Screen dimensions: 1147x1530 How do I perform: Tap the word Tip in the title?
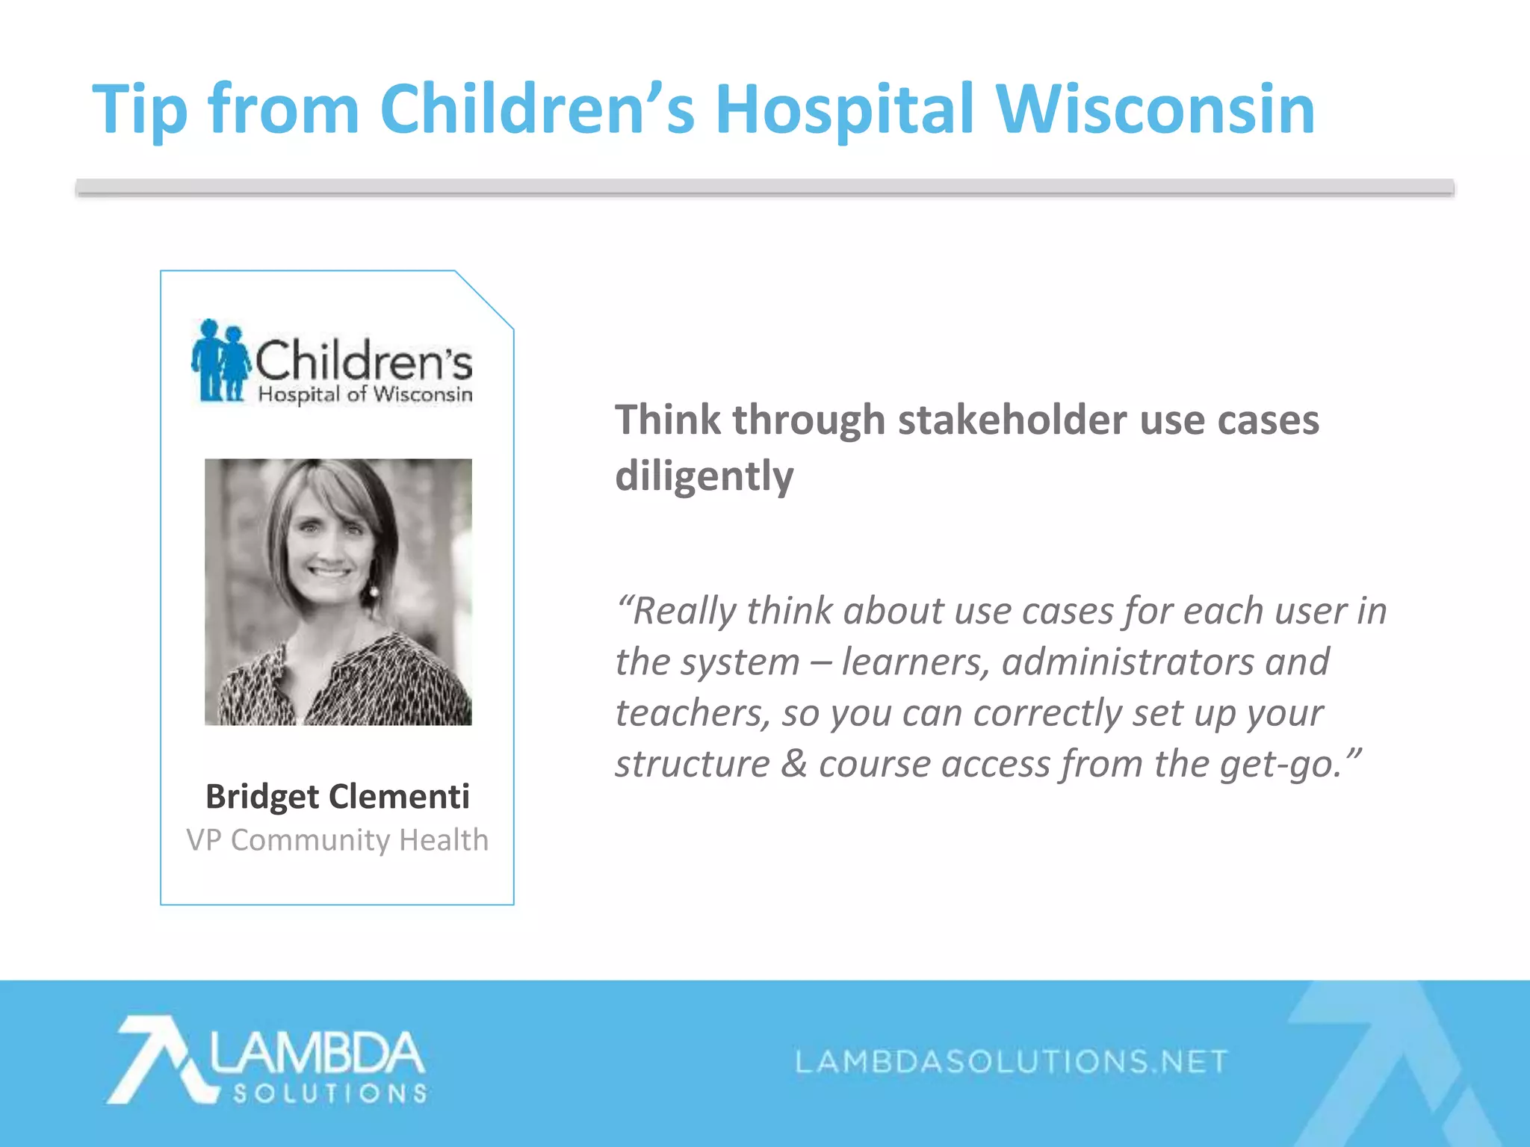pos(140,111)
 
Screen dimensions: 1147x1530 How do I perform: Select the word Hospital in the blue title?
pos(844,111)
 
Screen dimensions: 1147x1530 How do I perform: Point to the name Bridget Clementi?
pos(337,796)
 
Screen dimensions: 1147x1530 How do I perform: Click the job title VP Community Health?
pos(337,840)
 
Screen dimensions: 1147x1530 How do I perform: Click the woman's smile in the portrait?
pos(329,573)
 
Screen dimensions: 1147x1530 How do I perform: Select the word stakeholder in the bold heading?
pos(1012,420)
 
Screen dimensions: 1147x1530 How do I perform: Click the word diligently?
pos(704,476)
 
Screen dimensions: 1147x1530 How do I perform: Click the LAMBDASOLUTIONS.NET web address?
pos(1012,1061)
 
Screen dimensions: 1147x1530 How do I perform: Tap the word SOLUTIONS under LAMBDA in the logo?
pos(329,1094)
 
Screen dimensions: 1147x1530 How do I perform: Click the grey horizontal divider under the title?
pos(764,187)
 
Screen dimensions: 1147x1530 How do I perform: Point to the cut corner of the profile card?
pos(484,299)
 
